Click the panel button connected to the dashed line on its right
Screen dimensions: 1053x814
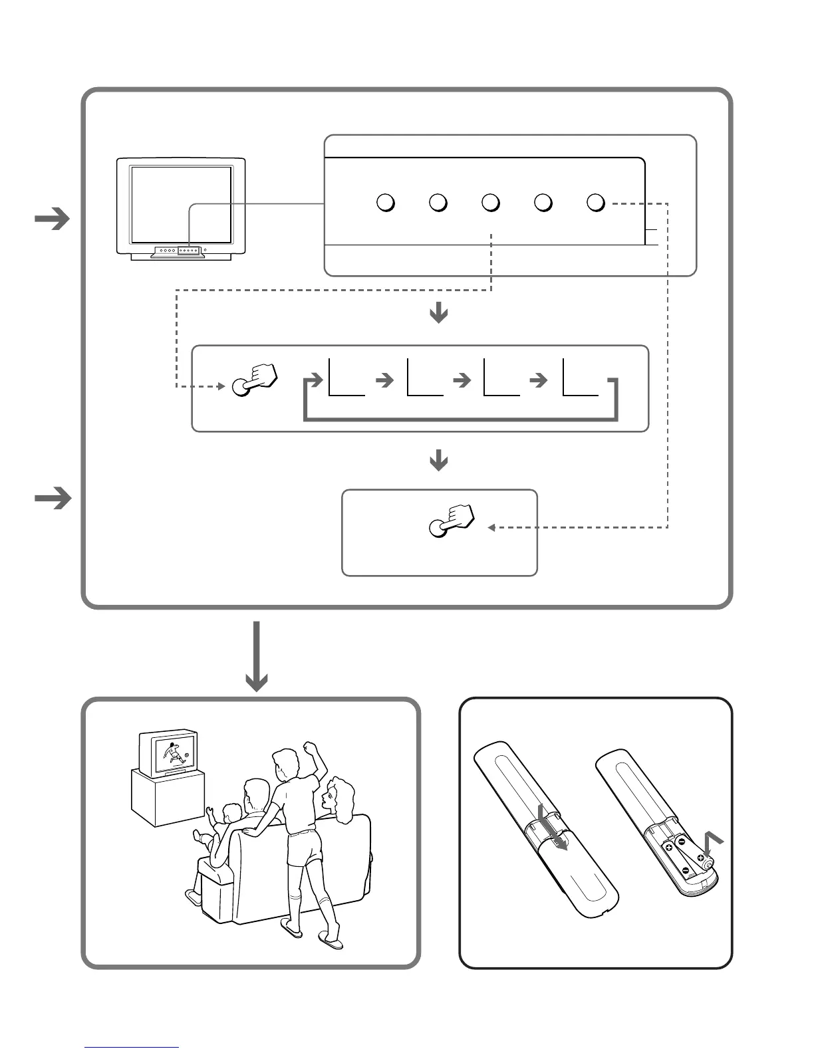[596, 203]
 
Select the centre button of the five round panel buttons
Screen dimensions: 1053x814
[490, 203]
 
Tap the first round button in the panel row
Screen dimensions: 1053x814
[386, 203]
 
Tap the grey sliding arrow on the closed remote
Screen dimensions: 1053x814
[553, 834]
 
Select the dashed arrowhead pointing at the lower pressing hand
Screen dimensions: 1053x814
[491, 528]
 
